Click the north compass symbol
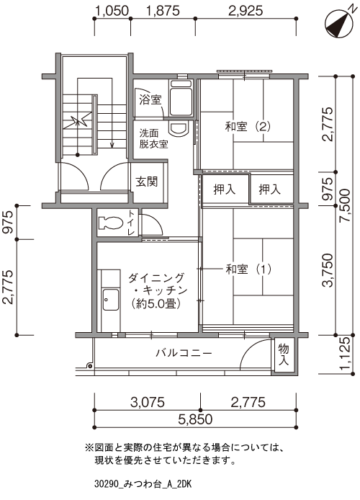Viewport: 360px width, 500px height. click(x=336, y=22)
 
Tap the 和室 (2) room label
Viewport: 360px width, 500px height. click(x=248, y=127)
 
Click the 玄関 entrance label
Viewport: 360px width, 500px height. click(x=147, y=182)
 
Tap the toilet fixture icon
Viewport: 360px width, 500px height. click(x=111, y=223)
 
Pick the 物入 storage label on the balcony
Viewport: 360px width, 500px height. click(x=284, y=354)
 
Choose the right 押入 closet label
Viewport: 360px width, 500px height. click(x=270, y=190)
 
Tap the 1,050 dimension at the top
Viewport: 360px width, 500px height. click(x=111, y=10)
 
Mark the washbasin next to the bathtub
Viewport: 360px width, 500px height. click(x=177, y=128)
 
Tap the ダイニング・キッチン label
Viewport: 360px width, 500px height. click(x=158, y=290)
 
